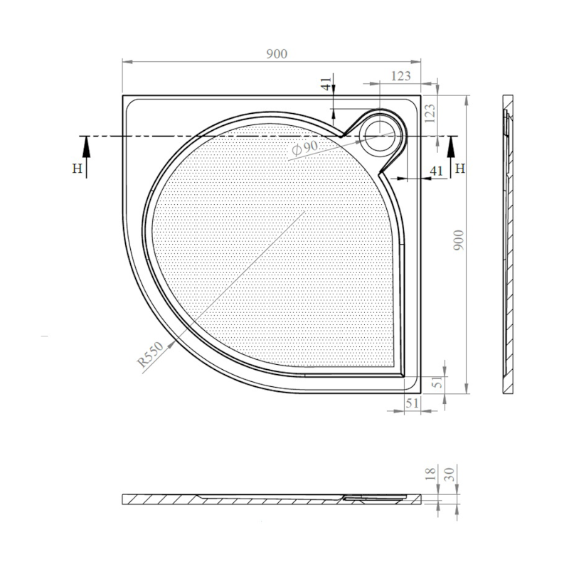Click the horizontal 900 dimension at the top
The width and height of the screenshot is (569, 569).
(x=277, y=54)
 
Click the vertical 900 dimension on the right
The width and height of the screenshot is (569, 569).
(x=459, y=240)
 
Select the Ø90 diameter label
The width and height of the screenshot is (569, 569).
(x=305, y=147)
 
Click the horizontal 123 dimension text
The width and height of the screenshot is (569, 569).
(x=401, y=76)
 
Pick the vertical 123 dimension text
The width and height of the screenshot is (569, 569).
(x=430, y=114)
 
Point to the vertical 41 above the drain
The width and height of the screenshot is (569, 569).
(x=326, y=83)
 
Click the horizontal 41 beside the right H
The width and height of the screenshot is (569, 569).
(x=437, y=171)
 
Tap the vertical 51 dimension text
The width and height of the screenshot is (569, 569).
(x=439, y=381)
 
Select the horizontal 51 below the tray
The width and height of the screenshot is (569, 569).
(x=413, y=403)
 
